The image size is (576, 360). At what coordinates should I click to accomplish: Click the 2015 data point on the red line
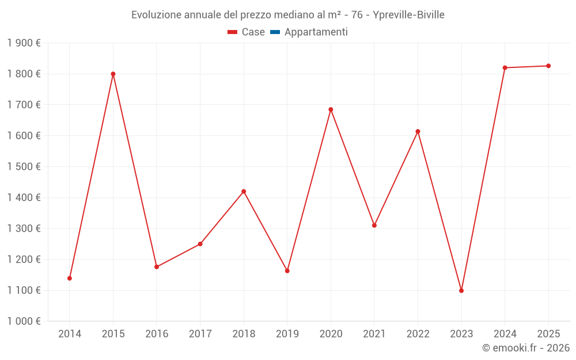tap(113, 74)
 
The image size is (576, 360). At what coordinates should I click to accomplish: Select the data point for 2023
tap(461, 290)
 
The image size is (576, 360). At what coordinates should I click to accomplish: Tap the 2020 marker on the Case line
tap(331, 109)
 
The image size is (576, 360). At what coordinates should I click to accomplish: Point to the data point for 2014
tap(70, 278)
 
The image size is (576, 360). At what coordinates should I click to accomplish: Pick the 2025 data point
tap(548, 66)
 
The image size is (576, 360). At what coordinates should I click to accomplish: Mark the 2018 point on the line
tap(244, 191)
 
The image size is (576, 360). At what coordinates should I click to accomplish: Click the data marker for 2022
tap(418, 131)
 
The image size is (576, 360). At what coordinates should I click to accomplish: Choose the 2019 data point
tap(287, 271)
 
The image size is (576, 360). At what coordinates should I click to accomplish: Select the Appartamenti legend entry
tap(316, 32)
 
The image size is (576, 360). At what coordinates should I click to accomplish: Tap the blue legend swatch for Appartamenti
tap(275, 32)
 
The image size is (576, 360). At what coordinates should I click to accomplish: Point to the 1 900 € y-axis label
tap(24, 43)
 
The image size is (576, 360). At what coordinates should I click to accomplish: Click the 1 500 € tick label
tap(24, 166)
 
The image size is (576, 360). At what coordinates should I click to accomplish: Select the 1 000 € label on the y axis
tap(24, 321)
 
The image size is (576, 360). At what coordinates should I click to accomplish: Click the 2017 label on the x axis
tap(200, 334)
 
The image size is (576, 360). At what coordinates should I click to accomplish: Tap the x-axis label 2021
tap(374, 334)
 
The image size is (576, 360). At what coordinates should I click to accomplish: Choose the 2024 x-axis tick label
tap(505, 334)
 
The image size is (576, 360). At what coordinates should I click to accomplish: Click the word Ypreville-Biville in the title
tap(408, 15)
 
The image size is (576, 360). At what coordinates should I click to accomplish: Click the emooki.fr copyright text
tap(526, 348)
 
